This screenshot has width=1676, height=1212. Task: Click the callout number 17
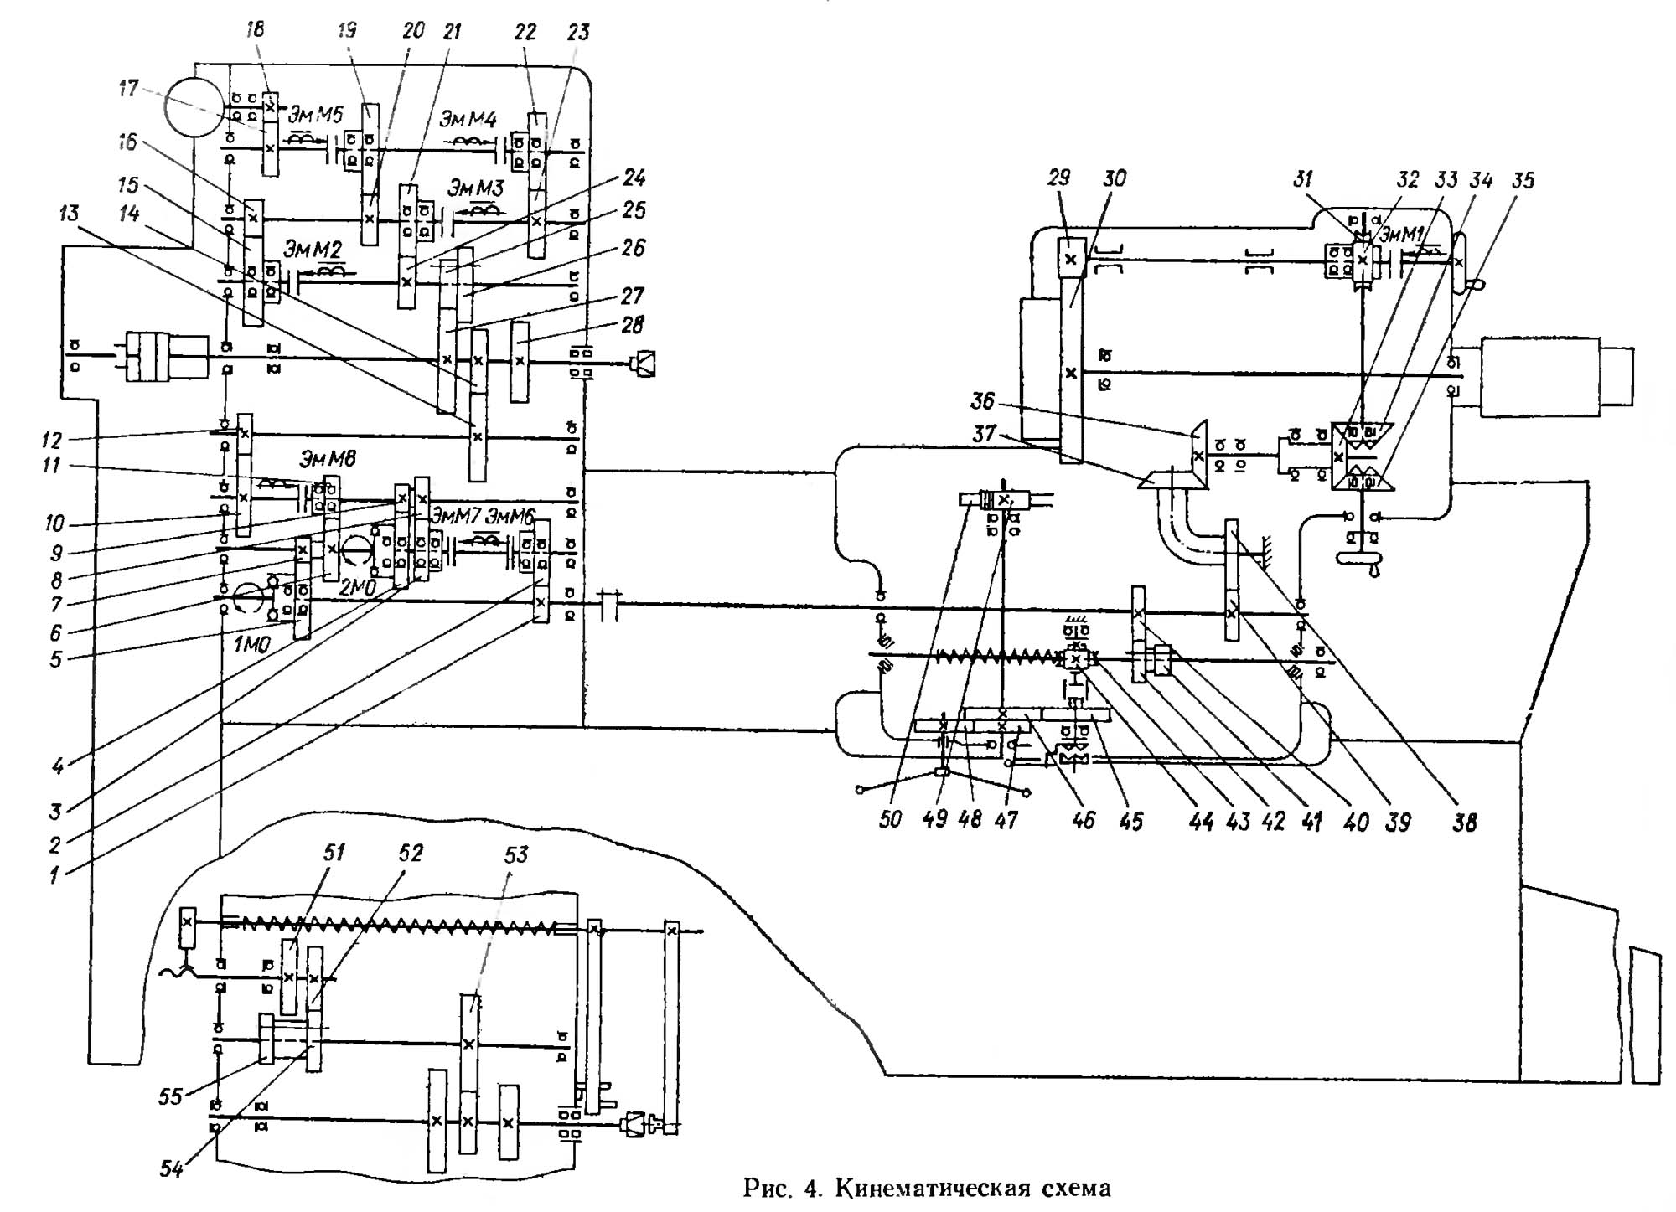(x=128, y=88)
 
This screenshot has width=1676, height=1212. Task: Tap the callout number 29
(x=1059, y=178)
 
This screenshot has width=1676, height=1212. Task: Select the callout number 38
(x=1464, y=822)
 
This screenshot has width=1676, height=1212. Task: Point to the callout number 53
(x=516, y=854)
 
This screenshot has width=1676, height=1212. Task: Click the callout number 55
(x=170, y=1096)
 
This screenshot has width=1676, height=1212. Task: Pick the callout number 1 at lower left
(x=54, y=876)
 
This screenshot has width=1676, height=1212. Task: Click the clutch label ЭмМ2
(x=313, y=249)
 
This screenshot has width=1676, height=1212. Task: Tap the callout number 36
(x=983, y=401)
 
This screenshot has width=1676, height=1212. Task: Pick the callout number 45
(x=1130, y=821)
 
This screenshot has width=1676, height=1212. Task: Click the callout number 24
(x=634, y=178)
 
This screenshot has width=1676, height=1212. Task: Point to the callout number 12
(x=52, y=439)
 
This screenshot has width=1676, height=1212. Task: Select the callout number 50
(x=890, y=819)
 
